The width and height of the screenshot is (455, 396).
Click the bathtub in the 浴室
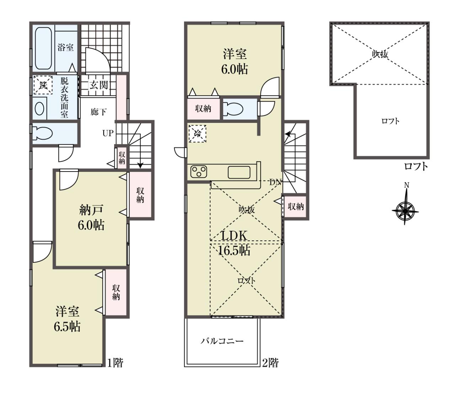tap(43, 48)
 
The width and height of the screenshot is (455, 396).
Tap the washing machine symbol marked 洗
tap(43, 85)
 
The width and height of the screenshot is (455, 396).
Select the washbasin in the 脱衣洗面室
tap(39, 109)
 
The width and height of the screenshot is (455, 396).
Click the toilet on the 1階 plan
tap(42, 133)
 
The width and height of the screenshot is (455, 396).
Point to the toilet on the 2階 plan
tap(233, 109)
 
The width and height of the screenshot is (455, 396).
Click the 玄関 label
tap(99, 85)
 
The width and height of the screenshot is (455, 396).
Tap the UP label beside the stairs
tap(108, 133)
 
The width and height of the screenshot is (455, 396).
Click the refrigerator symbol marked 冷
tap(198, 134)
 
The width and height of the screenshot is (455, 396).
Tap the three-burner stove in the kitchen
tap(199, 172)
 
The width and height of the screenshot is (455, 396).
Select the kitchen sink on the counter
tap(239, 172)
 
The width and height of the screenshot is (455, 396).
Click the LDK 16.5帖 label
tap(234, 243)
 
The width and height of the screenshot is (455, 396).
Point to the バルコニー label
tap(222, 341)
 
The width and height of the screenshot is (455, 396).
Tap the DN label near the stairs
tap(276, 182)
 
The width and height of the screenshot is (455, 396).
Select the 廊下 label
tap(98, 112)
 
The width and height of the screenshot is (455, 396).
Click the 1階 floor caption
tap(115, 369)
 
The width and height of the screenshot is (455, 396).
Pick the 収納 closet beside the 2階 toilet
tap(203, 109)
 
